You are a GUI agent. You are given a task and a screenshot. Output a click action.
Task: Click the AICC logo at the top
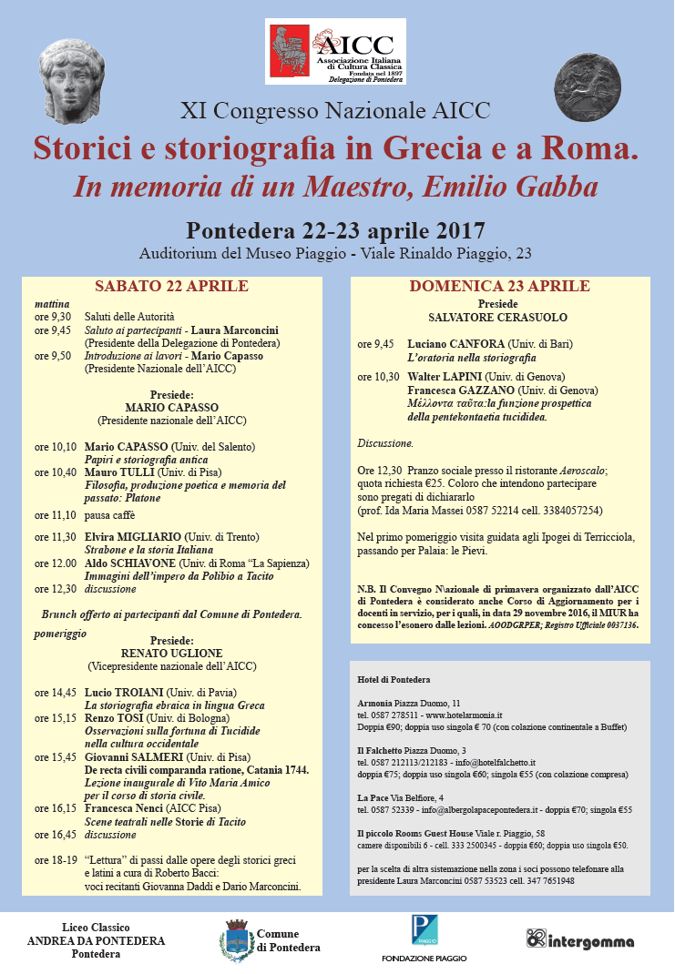pos(336,53)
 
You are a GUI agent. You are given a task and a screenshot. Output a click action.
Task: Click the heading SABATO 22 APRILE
pos(171,287)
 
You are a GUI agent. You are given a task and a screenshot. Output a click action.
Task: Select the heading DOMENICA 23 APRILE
pos(497,287)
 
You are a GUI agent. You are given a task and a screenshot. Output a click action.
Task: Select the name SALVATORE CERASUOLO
pos(497,318)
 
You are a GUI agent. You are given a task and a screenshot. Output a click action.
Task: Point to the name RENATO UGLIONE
pos(172,652)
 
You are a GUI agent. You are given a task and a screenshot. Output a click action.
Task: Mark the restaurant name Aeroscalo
pos(582,471)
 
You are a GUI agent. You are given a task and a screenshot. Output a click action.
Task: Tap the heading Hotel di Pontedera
pos(394,679)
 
